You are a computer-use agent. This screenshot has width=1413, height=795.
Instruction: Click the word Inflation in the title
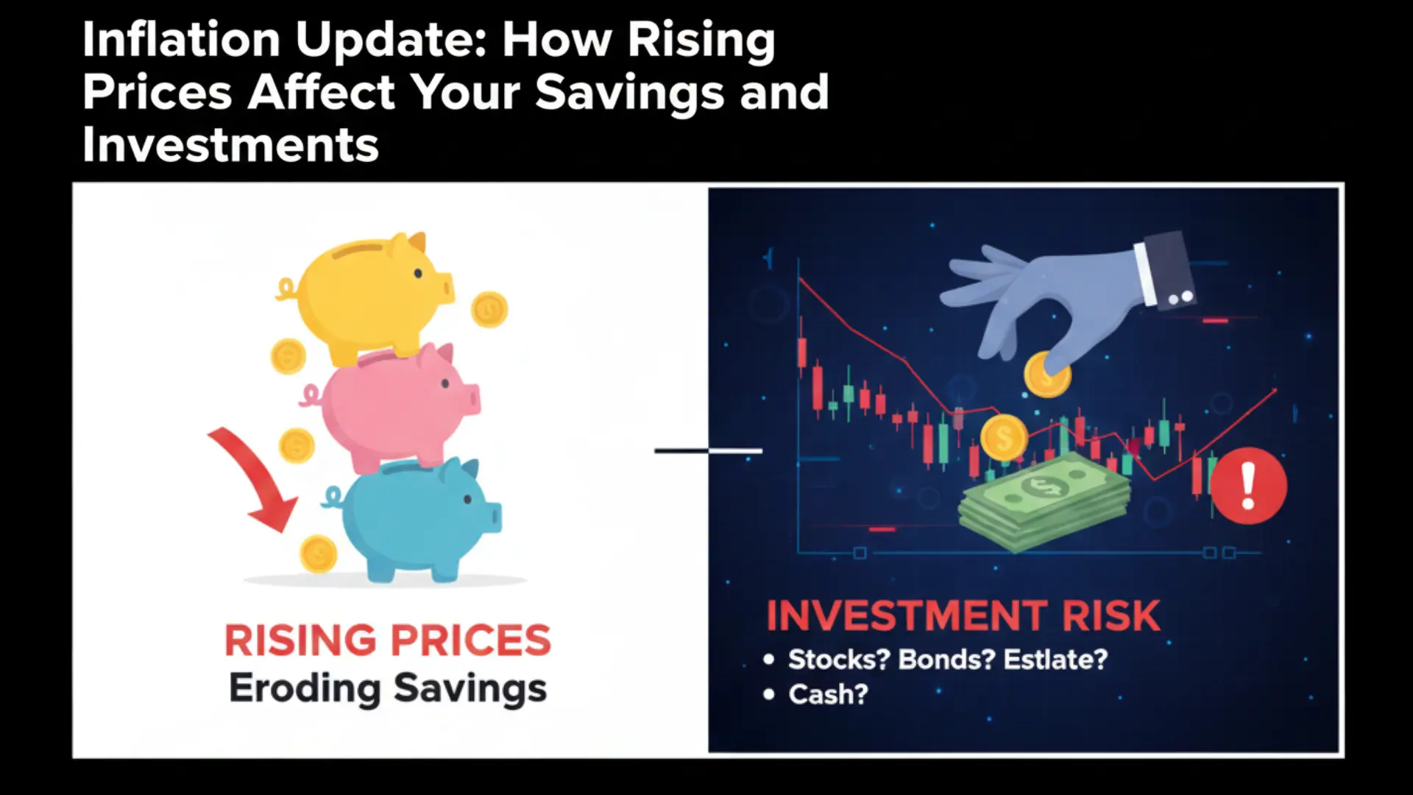(x=181, y=40)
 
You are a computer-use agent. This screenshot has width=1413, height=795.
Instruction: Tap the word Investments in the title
(x=230, y=145)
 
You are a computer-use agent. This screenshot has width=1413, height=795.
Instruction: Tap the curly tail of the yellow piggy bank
(x=286, y=290)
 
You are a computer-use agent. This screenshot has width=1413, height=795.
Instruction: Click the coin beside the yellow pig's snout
(x=489, y=309)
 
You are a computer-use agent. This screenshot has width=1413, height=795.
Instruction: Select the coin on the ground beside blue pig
(x=318, y=553)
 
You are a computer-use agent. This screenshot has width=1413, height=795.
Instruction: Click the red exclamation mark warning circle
(x=1248, y=487)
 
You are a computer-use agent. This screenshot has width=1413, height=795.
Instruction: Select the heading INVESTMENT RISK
(x=963, y=617)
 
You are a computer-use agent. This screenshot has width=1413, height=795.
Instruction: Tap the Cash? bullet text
(x=828, y=695)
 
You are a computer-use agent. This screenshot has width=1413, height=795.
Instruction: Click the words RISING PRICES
(x=388, y=640)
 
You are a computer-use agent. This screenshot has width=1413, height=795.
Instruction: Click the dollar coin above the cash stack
(x=1004, y=438)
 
